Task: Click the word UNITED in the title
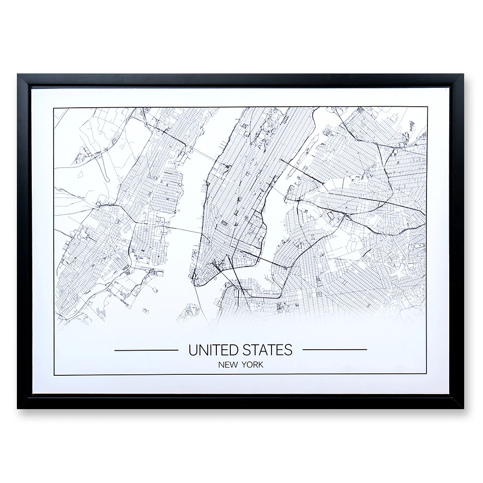(x=211, y=350)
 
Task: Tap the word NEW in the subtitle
(x=228, y=365)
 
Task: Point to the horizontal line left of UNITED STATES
(x=146, y=349)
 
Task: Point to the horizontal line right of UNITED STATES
(x=334, y=349)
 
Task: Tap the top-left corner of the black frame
(x=18, y=75)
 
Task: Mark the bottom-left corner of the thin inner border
(x=54, y=374)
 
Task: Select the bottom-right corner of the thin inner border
(x=426, y=374)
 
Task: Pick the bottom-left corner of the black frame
(x=18, y=408)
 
